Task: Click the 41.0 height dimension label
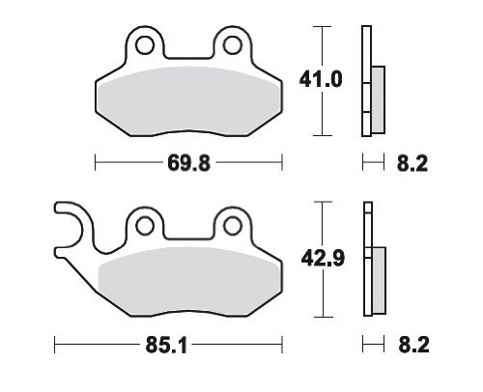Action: tap(321, 79)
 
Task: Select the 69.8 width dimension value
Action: tap(188, 163)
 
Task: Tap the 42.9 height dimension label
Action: tap(323, 258)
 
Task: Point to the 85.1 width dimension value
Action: tap(166, 346)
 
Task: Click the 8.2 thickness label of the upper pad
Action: tap(412, 163)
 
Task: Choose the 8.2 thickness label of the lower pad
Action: tap(413, 345)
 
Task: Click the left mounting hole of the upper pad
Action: tap(145, 45)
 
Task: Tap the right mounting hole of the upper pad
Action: tap(233, 45)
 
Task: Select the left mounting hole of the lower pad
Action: tap(145, 225)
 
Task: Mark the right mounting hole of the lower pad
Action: tap(233, 225)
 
